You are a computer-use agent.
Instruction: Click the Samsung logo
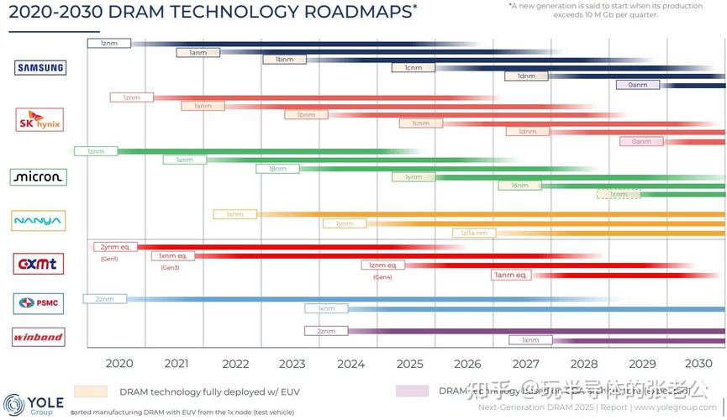[40, 68]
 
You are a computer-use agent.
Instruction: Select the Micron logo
[38, 177]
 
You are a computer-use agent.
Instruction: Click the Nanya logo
[38, 221]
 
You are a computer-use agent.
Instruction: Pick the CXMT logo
[39, 264]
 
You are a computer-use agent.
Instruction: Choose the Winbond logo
[38, 337]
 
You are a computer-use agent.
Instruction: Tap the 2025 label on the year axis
[409, 364]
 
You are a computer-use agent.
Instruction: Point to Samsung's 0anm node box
[638, 85]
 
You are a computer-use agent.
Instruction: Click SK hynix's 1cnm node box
[420, 123]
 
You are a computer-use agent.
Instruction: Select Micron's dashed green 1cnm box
[619, 194]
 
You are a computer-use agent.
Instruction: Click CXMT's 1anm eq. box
[509, 275]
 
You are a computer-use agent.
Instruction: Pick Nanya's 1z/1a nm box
[474, 233]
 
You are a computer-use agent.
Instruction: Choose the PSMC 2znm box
[105, 299]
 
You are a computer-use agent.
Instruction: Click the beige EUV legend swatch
[91, 391]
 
